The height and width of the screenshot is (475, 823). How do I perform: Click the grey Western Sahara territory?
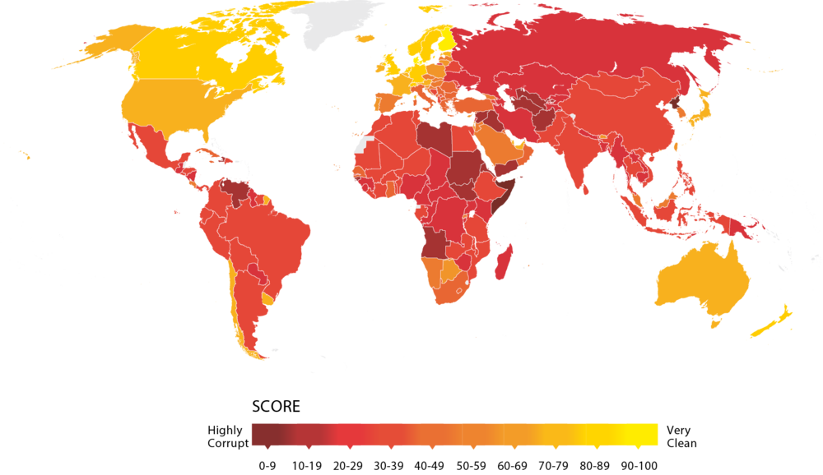[x=363, y=146]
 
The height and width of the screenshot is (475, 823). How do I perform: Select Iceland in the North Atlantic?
[x=361, y=38]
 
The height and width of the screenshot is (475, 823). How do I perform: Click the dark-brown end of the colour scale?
[x=258, y=434]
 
